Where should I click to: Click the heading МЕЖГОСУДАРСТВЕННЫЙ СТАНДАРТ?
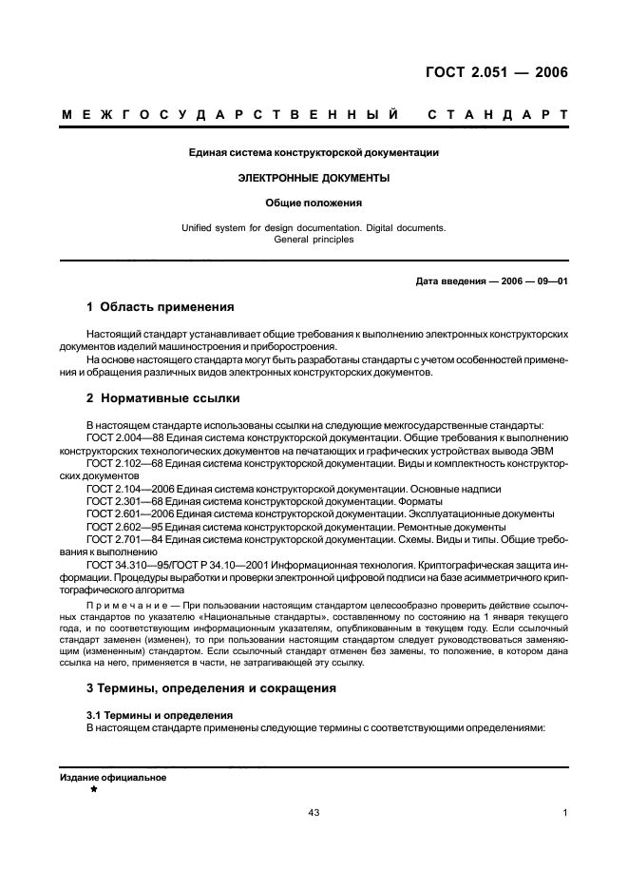(314, 115)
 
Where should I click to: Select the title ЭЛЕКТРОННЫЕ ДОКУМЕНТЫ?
(314, 178)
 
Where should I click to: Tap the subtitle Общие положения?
(314, 203)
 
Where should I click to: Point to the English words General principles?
(314, 240)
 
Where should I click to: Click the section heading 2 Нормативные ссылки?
(163, 397)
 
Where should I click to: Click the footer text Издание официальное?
(113, 777)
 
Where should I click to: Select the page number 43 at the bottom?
(314, 813)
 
